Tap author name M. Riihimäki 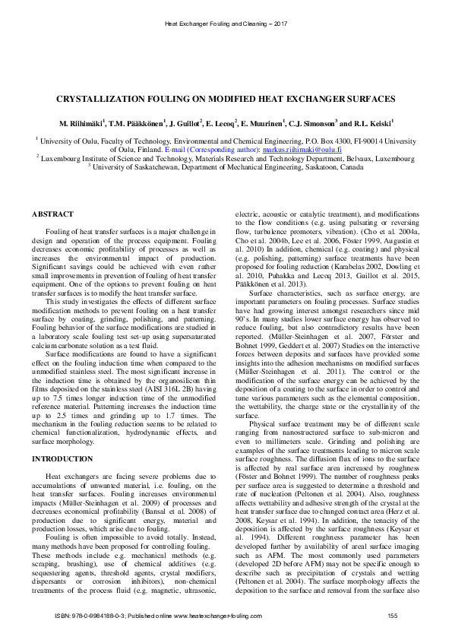pyautogui.click(x=84, y=123)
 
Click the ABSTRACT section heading pyautogui.click(x=52, y=215)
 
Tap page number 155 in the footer pyautogui.click(x=393, y=614)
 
